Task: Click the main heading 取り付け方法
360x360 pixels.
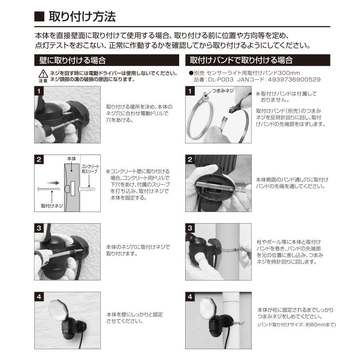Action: point(82,17)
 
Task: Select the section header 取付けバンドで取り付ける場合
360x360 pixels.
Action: point(241,60)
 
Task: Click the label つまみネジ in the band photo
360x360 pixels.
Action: point(224,91)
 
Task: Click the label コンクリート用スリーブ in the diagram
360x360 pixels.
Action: point(90,168)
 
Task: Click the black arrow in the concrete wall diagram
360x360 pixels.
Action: point(57,186)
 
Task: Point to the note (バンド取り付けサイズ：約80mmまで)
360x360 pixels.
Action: point(296,324)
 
